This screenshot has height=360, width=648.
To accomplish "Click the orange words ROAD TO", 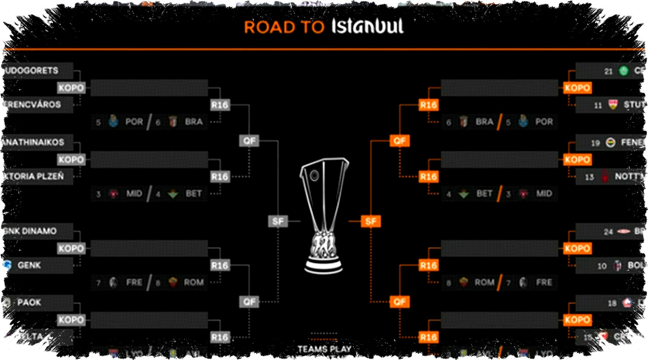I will pos(283,27).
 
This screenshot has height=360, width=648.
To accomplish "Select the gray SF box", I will pos(277,221).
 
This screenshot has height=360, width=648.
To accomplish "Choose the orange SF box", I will pos(371,221).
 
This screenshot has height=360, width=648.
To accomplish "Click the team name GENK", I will pos(29,265).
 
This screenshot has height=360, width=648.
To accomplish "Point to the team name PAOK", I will pos(29,302).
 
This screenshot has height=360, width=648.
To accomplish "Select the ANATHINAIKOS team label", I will pos(33,142).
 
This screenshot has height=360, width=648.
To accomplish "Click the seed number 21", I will pos(609,71).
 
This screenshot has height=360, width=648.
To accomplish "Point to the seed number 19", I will pos(596,143).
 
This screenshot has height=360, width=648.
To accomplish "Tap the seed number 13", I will pos(589,177).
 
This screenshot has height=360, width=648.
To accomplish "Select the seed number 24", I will pos(609,231).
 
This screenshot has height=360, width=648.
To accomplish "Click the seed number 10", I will pos(602,265).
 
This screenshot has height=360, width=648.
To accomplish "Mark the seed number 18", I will pos(613,303).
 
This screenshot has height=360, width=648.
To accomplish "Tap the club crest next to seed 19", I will pos(611,143).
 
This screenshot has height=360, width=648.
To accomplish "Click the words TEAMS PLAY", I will pos(324,349).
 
